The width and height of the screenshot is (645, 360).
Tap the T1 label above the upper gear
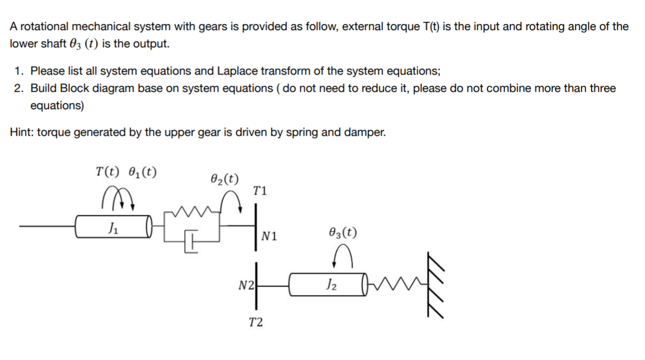(260, 191)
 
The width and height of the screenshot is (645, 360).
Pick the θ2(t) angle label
(225, 179)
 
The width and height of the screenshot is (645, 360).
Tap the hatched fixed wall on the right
(435, 284)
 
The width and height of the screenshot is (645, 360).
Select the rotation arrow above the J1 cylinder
(118, 196)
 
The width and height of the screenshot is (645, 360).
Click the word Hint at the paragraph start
(22, 132)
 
